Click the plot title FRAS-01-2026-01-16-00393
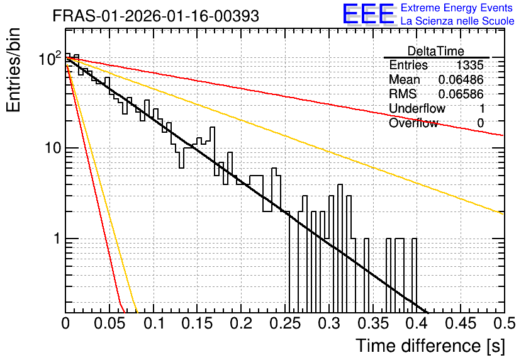155,16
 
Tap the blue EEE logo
368,13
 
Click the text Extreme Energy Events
456,8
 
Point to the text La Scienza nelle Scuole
457,21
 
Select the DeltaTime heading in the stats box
435,51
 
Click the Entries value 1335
469,65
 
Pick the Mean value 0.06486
461,79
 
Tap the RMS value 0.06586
461,94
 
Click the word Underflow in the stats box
417,108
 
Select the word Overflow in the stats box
413,123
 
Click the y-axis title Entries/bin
13,70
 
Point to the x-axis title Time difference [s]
430,346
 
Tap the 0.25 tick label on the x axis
285,323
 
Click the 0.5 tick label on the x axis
504,323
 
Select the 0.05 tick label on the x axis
109,323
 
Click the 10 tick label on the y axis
53,148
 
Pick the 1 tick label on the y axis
57,239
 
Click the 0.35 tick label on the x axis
372,323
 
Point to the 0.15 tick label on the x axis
198,323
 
